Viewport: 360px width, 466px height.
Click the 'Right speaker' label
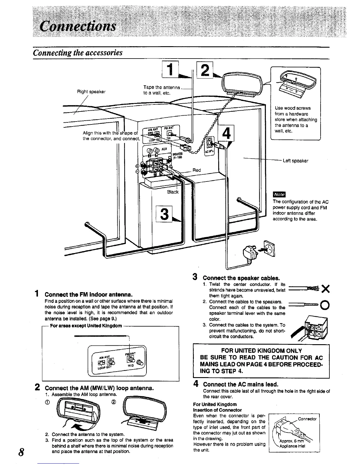(91, 91)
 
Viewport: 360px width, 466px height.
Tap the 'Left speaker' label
(295, 161)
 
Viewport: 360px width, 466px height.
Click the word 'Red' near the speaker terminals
(196, 170)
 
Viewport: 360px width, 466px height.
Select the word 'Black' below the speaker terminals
(173, 192)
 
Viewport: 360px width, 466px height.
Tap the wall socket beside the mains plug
(269, 248)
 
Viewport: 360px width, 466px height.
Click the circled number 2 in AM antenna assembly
(113, 402)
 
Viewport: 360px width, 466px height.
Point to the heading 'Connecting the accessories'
(78, 53)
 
